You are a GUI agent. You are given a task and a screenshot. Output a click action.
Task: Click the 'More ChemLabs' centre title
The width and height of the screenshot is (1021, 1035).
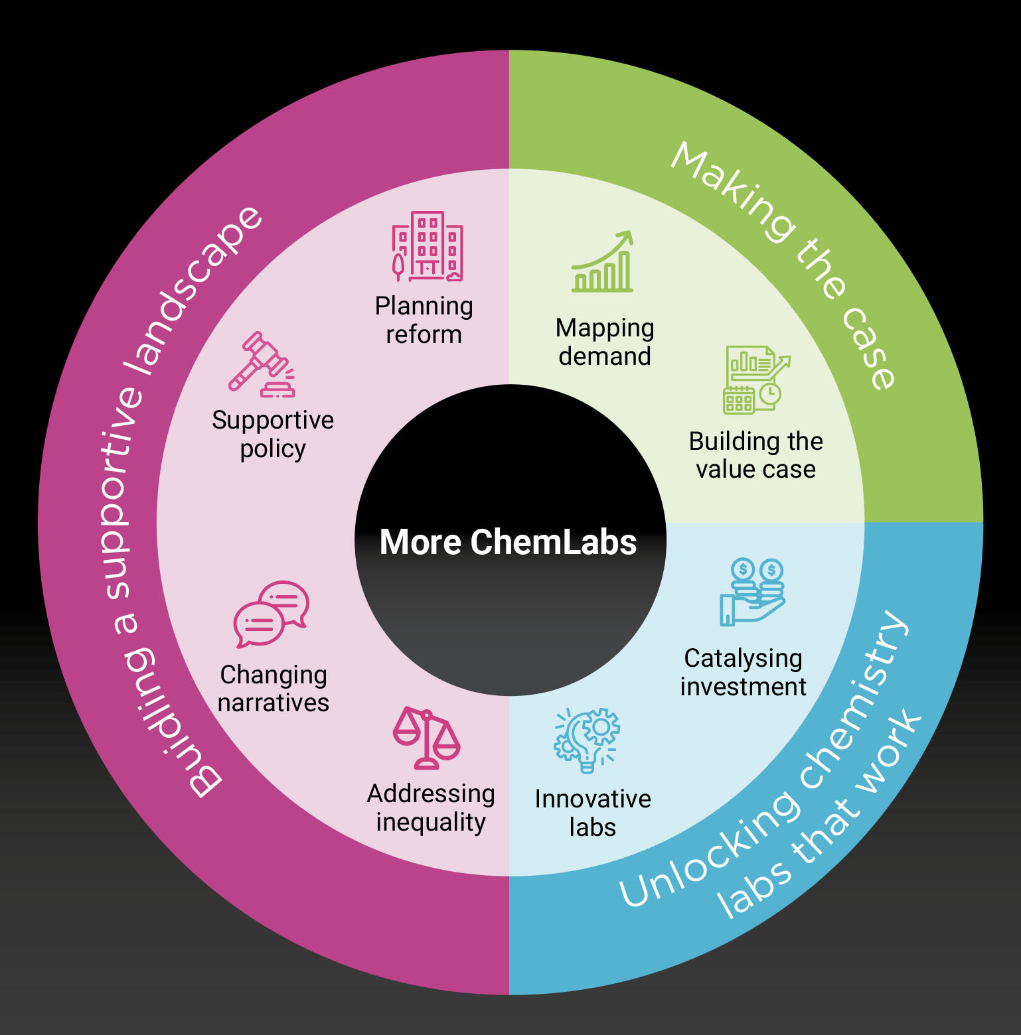coord(508,541)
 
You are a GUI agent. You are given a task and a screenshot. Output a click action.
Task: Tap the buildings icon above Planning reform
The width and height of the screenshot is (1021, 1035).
coord(427,247)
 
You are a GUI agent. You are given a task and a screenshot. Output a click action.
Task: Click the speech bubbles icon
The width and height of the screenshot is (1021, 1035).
coord(271,614)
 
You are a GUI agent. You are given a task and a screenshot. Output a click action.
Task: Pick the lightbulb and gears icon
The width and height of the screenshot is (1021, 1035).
coord(587,740)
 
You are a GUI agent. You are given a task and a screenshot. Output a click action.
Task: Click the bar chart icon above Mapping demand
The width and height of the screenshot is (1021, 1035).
coord(603,261)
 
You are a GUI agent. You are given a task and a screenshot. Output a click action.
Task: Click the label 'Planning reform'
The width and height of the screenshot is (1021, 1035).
coord(424,320)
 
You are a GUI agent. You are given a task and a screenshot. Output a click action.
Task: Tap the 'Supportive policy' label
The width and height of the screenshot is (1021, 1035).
coord(273,435)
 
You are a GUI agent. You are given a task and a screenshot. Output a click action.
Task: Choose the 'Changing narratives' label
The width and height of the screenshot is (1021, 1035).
coord(274,689)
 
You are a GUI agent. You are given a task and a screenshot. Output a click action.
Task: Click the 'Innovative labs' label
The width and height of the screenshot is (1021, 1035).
coord(593,813)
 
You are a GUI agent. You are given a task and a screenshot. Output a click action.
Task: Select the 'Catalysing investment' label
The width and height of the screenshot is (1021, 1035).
coord(743,673)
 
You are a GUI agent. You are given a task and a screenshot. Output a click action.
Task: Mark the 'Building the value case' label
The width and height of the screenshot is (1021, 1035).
coord(756,455)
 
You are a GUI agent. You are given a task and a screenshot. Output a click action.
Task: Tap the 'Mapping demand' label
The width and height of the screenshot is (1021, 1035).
coord(605,342)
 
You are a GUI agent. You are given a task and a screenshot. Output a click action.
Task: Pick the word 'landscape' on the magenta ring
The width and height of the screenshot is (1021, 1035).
coord(193,292)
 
